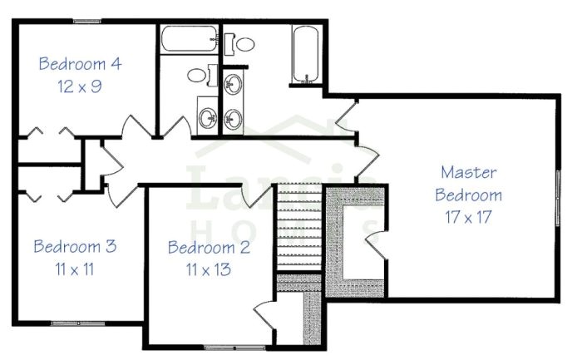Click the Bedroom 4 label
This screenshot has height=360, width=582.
80,63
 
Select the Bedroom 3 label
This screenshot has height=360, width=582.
75,247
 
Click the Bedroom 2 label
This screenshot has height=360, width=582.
209,247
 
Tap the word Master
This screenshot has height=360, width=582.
468,173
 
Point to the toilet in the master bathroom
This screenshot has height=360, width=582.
244,43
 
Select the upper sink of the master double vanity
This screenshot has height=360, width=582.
234,85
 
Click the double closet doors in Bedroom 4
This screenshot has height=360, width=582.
48,133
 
